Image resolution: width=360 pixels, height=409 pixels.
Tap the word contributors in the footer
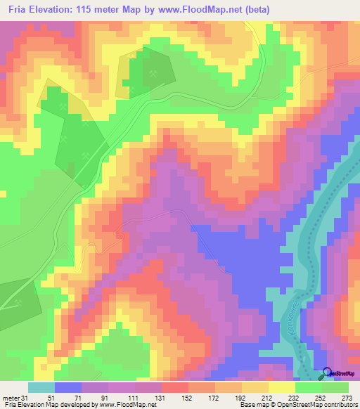click(339, 405)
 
